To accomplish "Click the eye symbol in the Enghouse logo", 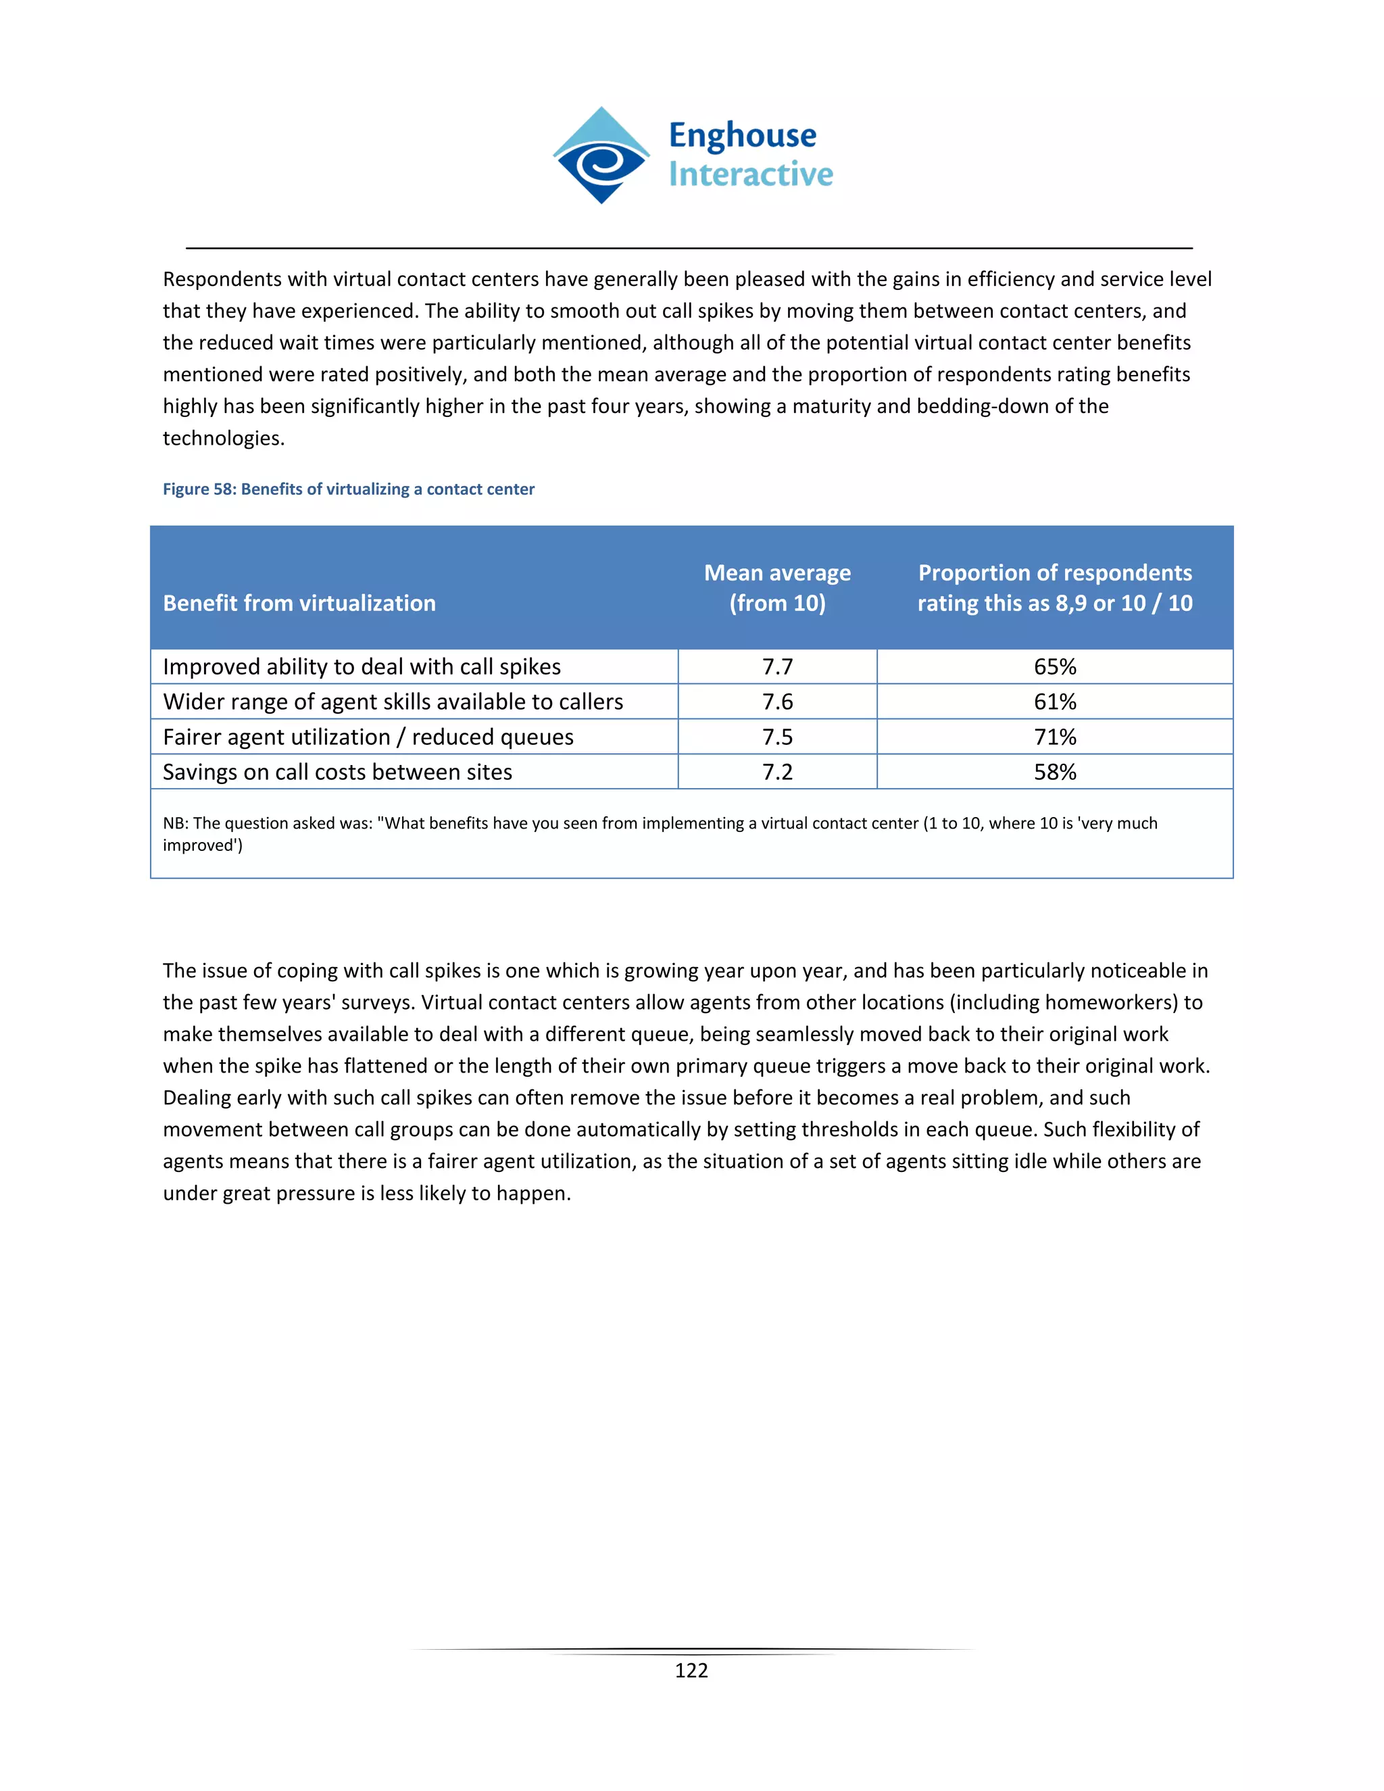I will [x=601, y=164].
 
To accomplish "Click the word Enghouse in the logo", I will [x=742, y=135].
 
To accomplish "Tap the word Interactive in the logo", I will [x=750, y=174].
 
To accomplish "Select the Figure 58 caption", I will [x=349, y=489].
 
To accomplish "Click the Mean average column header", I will [x=777, y=587].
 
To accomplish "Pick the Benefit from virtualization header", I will [x=299, y=603].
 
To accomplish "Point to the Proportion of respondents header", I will [x=1054, y=587].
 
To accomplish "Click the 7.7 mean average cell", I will [x=777, y=666].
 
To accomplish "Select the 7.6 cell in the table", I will [x=777, y=702].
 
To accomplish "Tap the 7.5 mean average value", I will [x=777, y=737].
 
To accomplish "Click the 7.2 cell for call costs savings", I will [x=777, y=772].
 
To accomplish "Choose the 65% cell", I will [x=1054, y=666].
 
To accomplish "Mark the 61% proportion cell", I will [x=1054, y=702].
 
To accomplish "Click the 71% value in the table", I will [x=1054, y=737].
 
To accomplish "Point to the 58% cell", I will [x=1054, y=772].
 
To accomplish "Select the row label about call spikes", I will [x=362, y=666].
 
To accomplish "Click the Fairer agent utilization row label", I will [x=368, y=737].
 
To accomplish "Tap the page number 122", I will [x=691, y=1671].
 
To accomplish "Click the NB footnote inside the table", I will [x=660, y=833].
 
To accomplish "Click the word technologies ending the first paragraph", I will [x=223, y=439].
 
